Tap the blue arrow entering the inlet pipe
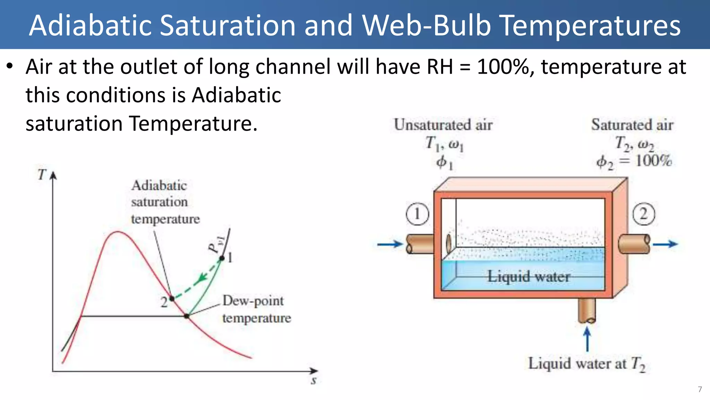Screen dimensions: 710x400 coord(390,244)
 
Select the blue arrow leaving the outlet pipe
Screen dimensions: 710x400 coord(665,244)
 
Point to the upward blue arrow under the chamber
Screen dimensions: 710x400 coord(587,340)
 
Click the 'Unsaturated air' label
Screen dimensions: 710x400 coord(443,125)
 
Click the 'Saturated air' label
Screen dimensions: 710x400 coord(632,125)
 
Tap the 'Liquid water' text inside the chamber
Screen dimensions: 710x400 coord(529,276)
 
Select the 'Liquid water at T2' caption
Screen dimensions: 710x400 coord(587,364)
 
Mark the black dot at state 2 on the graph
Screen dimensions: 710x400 coord(172,298)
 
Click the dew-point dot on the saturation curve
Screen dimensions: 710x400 coord(187,316)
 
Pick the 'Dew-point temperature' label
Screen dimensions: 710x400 coord(257,309)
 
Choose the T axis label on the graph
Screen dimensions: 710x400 coord(42,174)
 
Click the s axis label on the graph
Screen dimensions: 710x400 coord(314,381)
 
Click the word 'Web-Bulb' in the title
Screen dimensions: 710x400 coord(426,25)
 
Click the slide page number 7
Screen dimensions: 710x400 coord(700,389)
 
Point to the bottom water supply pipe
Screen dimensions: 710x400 coord(587,310)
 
